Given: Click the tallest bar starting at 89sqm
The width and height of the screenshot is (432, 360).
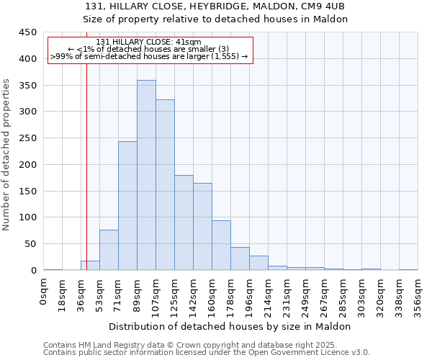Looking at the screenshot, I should [146, 175].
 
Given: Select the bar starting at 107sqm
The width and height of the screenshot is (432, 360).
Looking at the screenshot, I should [165, 185].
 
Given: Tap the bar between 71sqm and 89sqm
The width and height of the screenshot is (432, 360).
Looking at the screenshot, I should [127, 206].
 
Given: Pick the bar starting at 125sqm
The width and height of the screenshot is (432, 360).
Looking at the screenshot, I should [184, 222].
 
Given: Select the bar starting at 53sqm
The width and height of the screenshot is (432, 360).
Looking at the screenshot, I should [109, 250].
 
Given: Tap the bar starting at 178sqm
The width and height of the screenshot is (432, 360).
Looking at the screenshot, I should [240, 258].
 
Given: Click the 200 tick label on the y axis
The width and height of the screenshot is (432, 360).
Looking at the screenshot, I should [29, 164].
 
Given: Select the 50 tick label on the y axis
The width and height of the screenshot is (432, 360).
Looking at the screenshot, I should [31, 244].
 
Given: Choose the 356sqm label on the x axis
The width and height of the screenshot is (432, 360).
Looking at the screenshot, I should [418, 296].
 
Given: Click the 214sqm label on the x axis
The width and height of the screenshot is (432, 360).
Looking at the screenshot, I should [269, 296].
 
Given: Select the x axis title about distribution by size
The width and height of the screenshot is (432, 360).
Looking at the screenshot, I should [230, 326].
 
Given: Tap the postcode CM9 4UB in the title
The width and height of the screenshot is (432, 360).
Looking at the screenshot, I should [320, 6].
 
